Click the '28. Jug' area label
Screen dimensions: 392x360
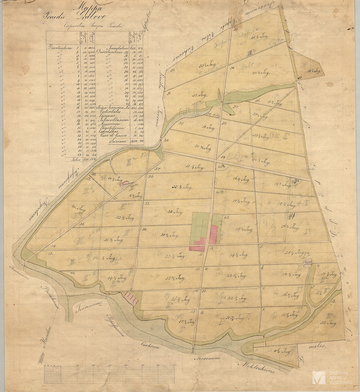click(175, 212)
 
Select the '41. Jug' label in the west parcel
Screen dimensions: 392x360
click(79, 207)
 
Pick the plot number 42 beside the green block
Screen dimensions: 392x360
click(227, 217)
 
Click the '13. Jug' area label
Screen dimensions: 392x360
click(208, 128)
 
